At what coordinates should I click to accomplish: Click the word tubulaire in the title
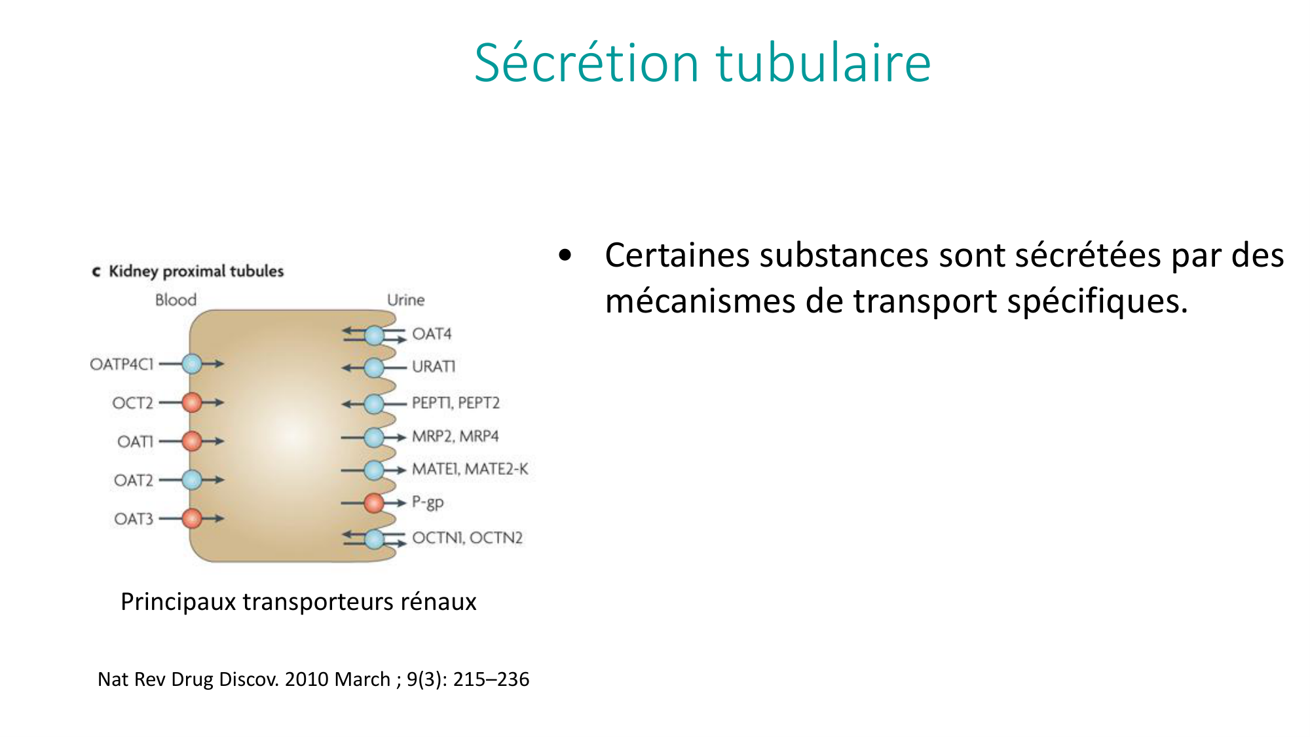pos(823,63)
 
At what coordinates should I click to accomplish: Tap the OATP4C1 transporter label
pos(122,364)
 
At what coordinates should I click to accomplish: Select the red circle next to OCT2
pos(192,402)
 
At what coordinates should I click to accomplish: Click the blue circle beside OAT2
pos(192,480)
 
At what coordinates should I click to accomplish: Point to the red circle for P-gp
pos(374,503)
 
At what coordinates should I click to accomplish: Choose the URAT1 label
pos(434,366)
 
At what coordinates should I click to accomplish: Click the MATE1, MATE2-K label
pos(470,469)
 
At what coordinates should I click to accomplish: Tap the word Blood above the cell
pos(176,300)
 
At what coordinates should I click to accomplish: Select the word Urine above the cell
pos(406,300)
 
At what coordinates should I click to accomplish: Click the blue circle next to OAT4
pos(374,335)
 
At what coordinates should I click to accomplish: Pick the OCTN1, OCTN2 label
pos(468,538)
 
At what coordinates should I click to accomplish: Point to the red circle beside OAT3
pos(192,519)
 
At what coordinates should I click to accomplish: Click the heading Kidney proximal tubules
pos(196,271)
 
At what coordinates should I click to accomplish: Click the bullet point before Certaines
pos(565,255)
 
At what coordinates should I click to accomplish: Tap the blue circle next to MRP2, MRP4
pos(374,437)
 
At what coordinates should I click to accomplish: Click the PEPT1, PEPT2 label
pos(456,403)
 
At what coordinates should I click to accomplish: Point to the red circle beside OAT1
pos(192,441)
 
